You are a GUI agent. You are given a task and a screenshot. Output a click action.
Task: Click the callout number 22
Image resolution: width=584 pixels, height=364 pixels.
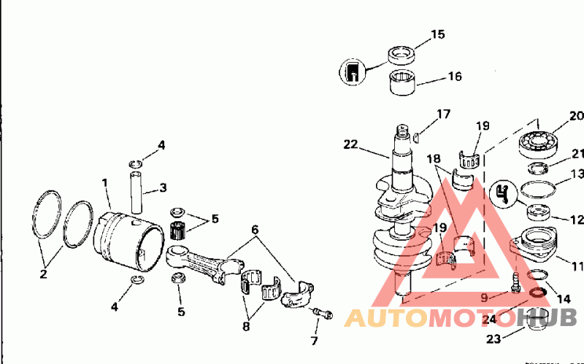351,144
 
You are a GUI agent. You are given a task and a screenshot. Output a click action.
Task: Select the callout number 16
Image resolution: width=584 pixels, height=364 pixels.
455,76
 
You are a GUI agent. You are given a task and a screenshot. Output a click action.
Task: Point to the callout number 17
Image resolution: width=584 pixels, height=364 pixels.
444,114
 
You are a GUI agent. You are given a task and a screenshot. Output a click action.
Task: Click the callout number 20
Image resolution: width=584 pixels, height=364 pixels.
577,115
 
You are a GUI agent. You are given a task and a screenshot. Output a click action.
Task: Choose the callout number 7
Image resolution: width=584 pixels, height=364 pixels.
314,341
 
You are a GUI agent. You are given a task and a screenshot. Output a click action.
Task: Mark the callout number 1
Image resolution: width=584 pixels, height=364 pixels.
105,182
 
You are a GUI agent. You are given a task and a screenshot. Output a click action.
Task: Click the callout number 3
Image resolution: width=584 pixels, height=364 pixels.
163,188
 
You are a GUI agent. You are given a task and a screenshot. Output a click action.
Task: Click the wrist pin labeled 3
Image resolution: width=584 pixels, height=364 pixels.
139,189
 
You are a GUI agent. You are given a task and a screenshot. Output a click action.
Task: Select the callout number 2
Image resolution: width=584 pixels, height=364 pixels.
43,274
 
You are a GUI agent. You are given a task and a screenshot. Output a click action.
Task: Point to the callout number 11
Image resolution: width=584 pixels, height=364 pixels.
577,266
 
